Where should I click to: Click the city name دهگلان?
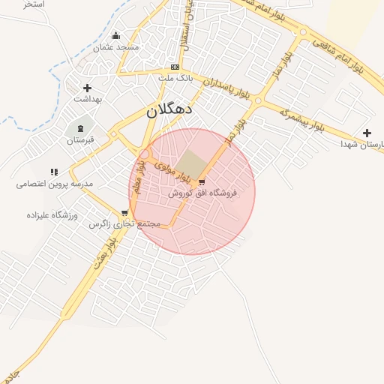[x=169, y=109]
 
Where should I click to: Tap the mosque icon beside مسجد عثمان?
[x=115, y=35]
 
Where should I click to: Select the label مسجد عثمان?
[x=116, y=47]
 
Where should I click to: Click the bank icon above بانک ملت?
[x=175, y=67]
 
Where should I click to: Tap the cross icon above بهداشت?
[x=87, y=88]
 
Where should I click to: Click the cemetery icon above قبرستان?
[x=81, y=129]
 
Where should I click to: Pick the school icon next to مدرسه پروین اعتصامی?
[x=54, y=172]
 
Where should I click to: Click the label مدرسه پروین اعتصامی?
[x=54, y=184]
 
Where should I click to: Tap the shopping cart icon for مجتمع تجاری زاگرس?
[x=124, y=213]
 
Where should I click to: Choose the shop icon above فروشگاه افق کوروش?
[x=201, y=182]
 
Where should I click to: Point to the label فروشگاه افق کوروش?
[x=202, y=193]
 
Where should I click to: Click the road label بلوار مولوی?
[x=171, y=169]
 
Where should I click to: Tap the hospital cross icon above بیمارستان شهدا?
[x=367, y=133]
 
